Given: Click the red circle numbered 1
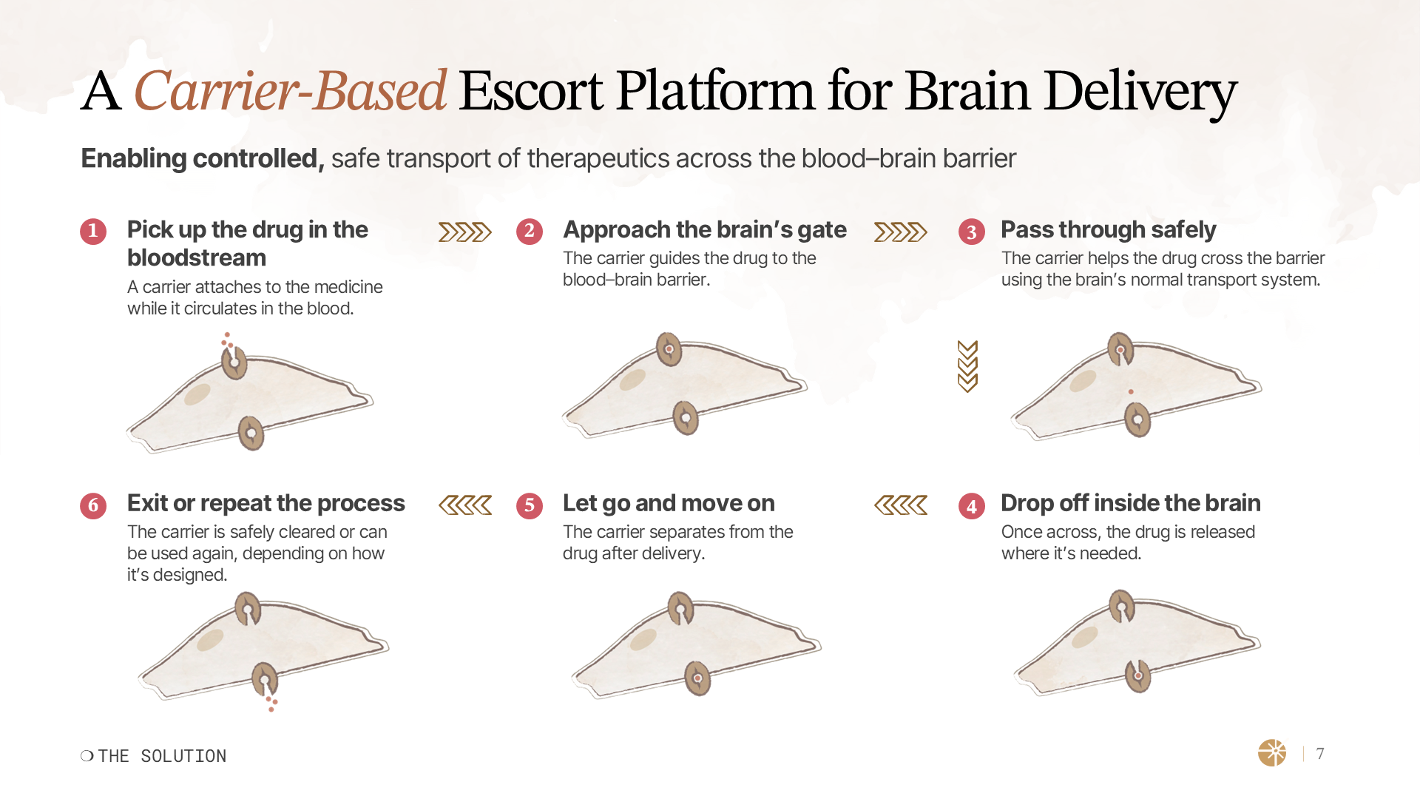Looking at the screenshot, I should coord(93,232).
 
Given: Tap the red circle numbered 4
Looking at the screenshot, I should coord(971,506).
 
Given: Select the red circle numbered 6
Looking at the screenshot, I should coord(93,506).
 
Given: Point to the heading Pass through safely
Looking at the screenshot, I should coord(1107,230).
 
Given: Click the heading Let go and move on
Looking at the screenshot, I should coord(668,504).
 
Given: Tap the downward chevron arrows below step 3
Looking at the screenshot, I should coord(967,366).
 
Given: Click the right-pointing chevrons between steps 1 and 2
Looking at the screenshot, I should coord(464,232).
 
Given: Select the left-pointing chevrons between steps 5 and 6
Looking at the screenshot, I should coord(464,506).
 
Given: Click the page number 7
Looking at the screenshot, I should coord(1320,754).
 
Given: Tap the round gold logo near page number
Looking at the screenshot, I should coord(1272,753).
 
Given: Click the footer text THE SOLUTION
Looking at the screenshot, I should coord(161,756).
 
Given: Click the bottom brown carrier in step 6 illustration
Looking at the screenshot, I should coord(265,679).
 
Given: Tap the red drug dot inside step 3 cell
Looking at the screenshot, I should coord(1131,392).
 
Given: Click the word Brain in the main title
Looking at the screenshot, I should coord(967,92).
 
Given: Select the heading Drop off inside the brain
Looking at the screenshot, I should coord(1130,504).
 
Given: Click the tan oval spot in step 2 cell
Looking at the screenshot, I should coord(632,380).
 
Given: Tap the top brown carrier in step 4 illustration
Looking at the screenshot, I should coord(1121,606).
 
